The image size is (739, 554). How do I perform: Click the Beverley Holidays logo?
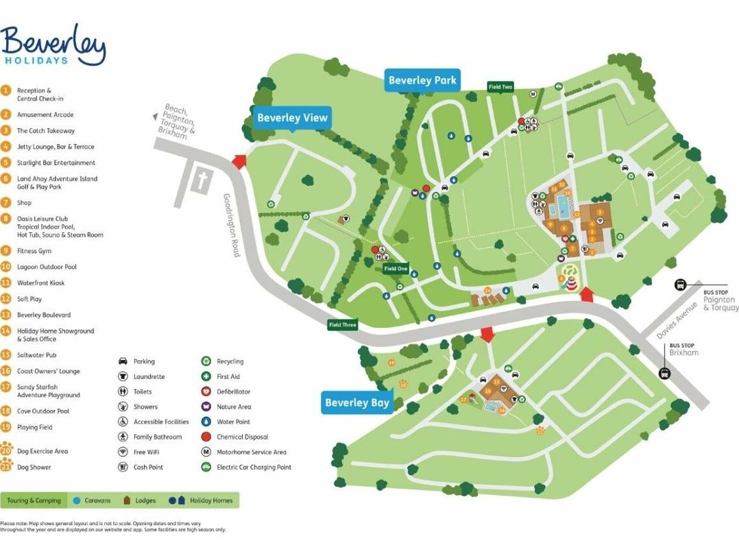pyautogui.click(x=53, y=45)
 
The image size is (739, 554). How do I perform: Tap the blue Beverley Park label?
pyautogui.click(x=422, y=80)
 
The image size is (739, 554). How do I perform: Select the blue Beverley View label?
pyautogui.click(x=292, y=117)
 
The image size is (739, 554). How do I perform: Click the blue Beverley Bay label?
pyautogui.click(x=356, y=402)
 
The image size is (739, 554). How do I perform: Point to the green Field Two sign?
pyautogui.click(x=500, y=87)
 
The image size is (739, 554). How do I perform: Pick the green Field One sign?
pyautogui.click(x=396, y=269)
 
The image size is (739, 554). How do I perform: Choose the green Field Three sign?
pyautogui.click(x=343, y=324)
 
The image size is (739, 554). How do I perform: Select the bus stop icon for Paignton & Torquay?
pyautogui.click(x=680, y=285)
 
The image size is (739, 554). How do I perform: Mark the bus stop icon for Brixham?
pyautogui.click(x=664, y=373)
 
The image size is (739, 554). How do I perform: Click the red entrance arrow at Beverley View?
pyautogui.click(x=239, y=161)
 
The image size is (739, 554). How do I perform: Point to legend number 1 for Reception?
pyautogui.click(x=6, y=91)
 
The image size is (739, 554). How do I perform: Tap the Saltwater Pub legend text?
pyautogui.click(x=37, y=355)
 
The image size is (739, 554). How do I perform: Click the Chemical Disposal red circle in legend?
pyautogui.click(x=206, y=437)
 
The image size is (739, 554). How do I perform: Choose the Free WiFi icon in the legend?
pyautogui.click(x=123, y=452)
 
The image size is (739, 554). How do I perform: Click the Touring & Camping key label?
pyautogui.click(x=34, y=501)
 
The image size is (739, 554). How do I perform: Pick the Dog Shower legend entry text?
pyautogui.click(x=34, y=468)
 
